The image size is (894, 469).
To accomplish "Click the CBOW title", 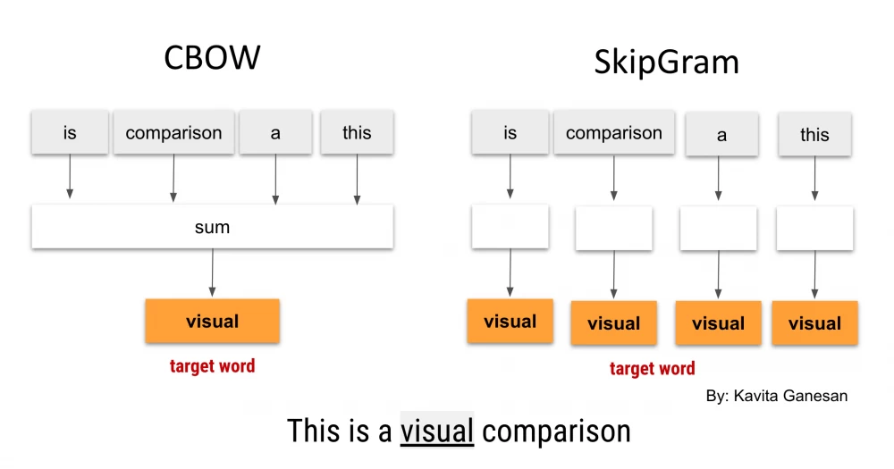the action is coord(212,57).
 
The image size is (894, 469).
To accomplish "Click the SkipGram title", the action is coord(667,63).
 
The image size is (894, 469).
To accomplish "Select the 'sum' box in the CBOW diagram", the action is coord(212,227).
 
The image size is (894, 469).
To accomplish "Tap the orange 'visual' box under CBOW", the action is coord(212,321).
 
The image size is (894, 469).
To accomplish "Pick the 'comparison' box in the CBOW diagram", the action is coord(174,133).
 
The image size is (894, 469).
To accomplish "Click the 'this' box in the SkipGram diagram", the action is coord(814,135).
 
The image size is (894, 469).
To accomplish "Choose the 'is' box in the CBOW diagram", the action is coord(70,133).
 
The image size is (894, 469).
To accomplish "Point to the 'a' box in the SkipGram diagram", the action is coord(721,135).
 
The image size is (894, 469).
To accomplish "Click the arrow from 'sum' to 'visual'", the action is coord(212,272).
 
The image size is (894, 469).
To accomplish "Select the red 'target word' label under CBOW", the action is coord(212,366).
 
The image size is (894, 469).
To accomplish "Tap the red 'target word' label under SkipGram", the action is coord(653,368).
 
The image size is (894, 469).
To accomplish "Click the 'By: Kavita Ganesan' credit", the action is coord(777,396).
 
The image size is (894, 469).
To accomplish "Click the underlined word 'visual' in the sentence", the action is coord(437,431).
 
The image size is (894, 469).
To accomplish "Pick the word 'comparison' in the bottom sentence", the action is coord(556,431).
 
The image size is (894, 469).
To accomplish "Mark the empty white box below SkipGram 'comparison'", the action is coord(614,229).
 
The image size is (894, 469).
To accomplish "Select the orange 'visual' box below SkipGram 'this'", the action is coord(814,323).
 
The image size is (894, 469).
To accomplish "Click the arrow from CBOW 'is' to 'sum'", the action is coord(70,176).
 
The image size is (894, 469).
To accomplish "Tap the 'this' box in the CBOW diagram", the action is coord(357,133).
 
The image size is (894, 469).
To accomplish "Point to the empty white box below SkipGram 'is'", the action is coord(510,227).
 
